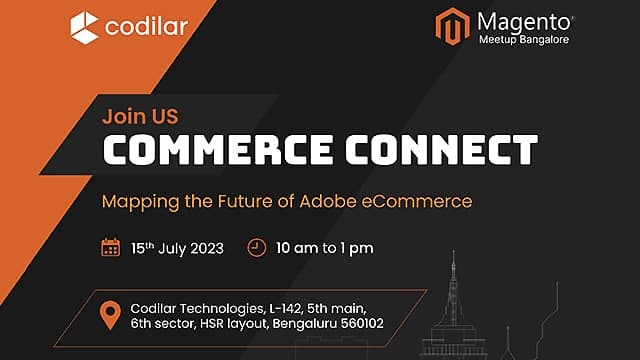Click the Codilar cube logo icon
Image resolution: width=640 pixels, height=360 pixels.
(x=85, y=27)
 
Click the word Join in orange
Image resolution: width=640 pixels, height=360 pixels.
(x=121, y=115)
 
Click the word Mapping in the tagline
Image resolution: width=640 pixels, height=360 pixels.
(x=137, y=201)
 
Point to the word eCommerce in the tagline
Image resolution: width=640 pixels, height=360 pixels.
(x=422, y=201)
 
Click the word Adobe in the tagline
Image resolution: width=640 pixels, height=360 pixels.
(x=337, y=201)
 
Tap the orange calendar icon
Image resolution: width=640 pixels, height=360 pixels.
(x=111, y=247)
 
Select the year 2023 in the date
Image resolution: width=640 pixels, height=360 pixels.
(x=203, y=248)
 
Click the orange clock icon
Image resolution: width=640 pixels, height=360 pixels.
(x=257, y=247)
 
